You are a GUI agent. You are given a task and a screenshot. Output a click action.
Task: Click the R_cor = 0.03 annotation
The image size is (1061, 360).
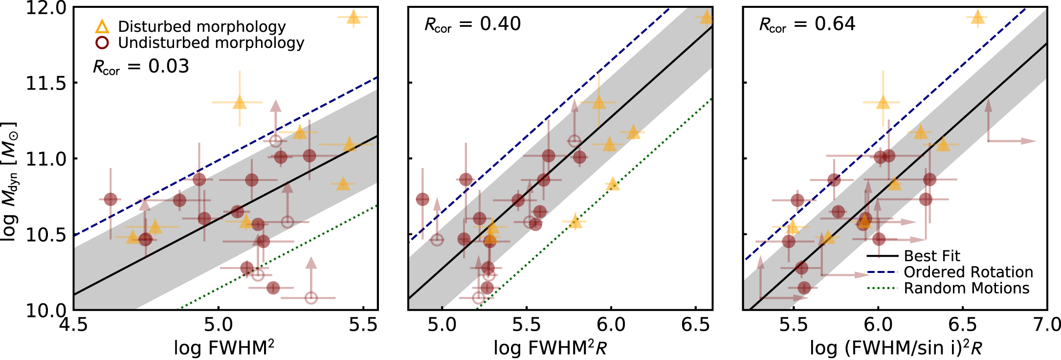(x=141, y=67)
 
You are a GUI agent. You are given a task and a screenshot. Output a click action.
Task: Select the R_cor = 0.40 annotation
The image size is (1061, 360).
(x=472, y=24)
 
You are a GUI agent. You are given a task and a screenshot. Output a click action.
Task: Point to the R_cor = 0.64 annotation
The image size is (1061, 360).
(x=807, y=24)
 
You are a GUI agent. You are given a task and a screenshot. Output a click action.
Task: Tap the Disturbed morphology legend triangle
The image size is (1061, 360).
(x=102, y=26)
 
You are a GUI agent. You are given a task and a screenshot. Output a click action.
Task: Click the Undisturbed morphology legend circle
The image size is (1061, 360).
(x=102, y=43)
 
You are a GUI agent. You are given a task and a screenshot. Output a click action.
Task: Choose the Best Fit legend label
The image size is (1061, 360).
(x=932, y=256)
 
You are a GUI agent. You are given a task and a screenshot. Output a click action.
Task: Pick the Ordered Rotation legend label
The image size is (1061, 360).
(x=968, y=272)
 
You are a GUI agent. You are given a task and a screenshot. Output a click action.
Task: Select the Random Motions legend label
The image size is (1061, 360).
(x=966, y=288)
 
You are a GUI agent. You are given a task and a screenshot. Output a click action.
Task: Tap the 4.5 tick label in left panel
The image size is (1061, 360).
(x=74, y=324)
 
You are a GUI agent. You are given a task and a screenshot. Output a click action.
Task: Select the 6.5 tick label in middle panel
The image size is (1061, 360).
(x=696, y=324)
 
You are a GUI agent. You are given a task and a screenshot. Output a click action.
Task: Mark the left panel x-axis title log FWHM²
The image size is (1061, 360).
(x=224, y=348)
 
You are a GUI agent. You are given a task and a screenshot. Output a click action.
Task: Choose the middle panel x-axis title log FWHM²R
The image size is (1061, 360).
(x=550, y=348)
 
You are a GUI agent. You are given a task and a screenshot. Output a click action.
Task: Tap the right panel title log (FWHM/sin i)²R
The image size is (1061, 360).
(x=896, y=348)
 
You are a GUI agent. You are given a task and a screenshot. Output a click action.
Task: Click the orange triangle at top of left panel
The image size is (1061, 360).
(x=354, y=18)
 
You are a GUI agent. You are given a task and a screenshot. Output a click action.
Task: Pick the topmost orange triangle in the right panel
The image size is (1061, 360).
(x=977, y=18)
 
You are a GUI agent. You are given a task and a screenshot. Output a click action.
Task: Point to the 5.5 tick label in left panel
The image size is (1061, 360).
(x=363, y=324)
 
